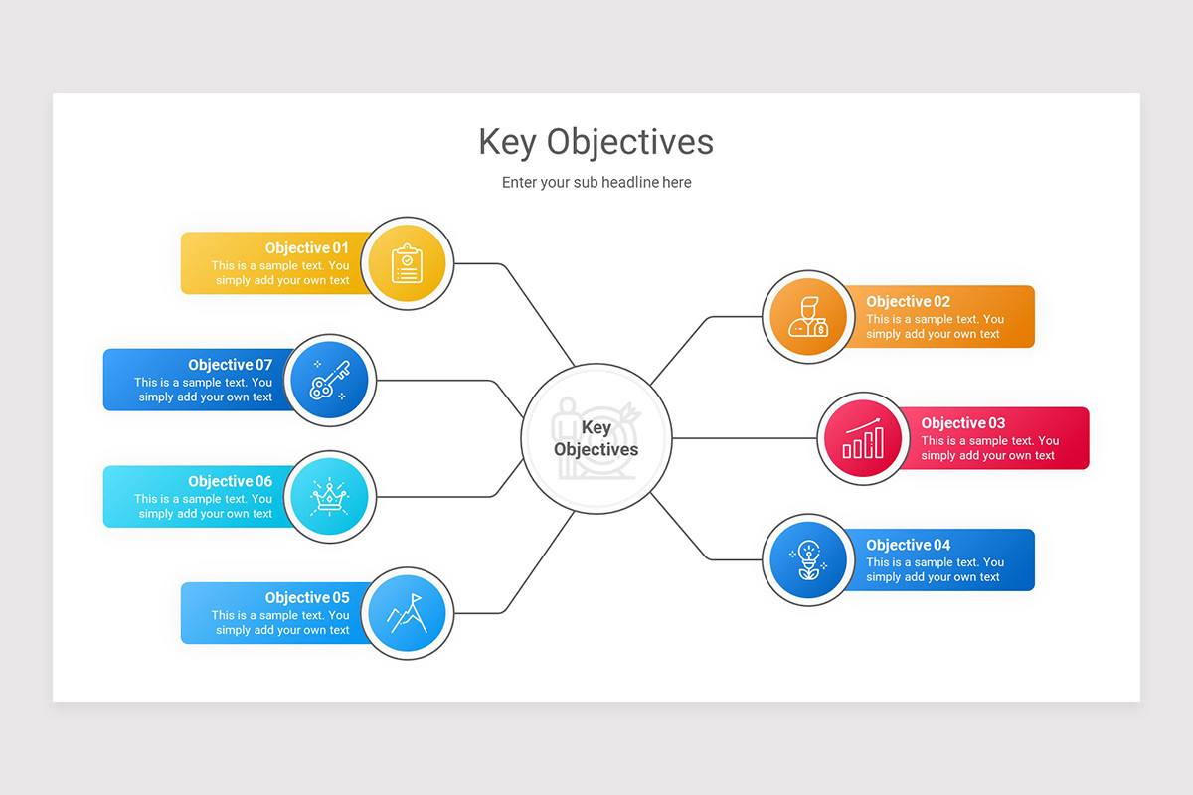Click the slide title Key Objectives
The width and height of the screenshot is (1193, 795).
(596, 142)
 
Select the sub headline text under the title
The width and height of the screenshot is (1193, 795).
(596, 183)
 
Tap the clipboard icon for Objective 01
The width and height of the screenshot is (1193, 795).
(408, 264)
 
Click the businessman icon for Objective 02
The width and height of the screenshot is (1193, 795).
(808, 318)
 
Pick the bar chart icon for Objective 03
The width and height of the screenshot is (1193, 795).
(863, 438)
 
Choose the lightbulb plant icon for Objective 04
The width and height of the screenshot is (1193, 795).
(808, 560)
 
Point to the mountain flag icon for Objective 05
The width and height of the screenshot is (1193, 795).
(408, 614)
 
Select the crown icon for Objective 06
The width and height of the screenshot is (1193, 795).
(328, 497)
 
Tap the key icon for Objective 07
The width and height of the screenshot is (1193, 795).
(328, 380)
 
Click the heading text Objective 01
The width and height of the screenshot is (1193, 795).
(307, 248)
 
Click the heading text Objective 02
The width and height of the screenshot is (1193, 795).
(908, 302)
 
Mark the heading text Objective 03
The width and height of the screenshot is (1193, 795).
(962, 423)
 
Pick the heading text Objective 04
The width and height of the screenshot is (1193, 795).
(908, 545)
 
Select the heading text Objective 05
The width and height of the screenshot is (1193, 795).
(307, 598)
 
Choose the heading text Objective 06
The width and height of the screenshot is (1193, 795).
(230, 482)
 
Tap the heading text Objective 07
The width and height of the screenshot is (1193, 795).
(230, 365)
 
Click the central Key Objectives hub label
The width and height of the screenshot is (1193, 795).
(596, 438)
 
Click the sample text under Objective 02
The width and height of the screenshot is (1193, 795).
(934, 327)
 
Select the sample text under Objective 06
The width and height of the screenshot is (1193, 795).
(204, 507)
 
